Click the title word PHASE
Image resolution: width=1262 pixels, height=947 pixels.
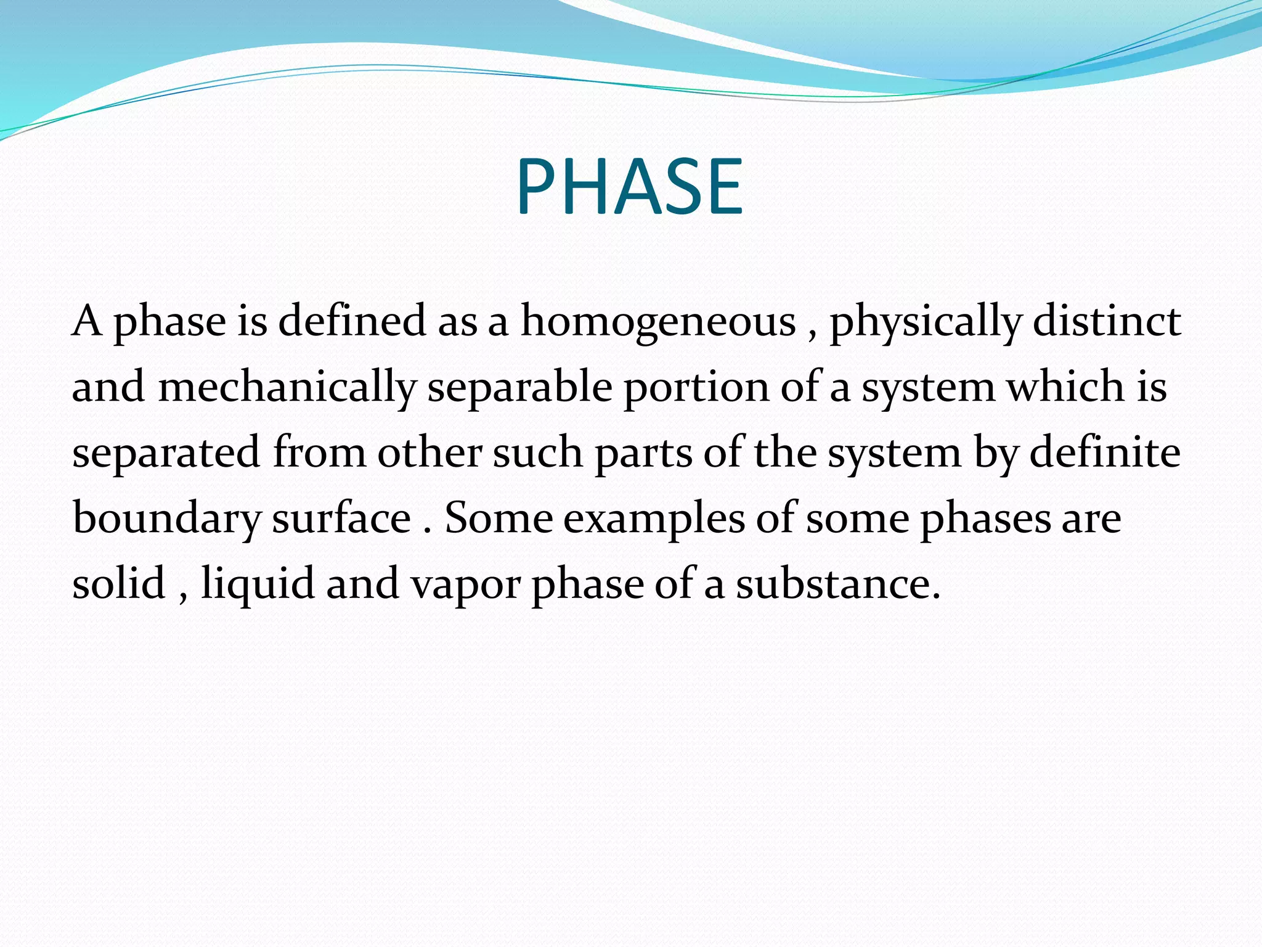(x=630, y=187)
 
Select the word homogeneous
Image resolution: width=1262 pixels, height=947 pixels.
(x=658, y=322)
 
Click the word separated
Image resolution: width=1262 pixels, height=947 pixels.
(x=166, y=454)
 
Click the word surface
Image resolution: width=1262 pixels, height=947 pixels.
(x=341, y=518)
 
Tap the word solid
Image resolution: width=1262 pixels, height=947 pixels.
(x=119, y=583)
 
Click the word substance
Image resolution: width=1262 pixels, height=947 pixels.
(x=838, y=583)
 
